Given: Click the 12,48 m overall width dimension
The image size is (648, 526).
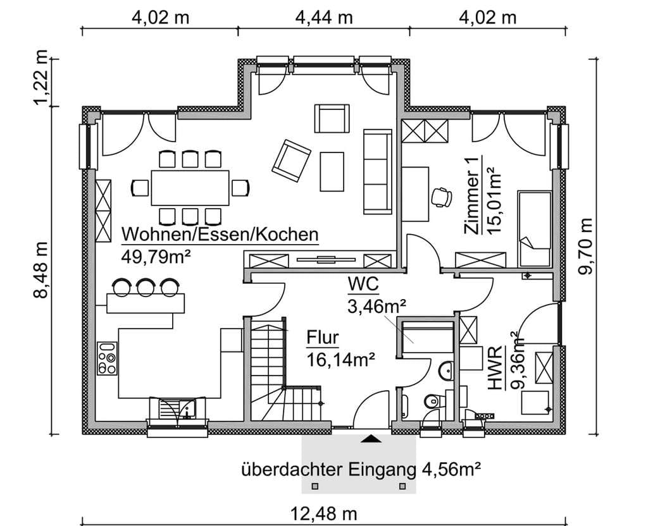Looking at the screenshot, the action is tap(324, 515).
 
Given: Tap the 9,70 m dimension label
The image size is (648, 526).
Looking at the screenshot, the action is tap(585, 246).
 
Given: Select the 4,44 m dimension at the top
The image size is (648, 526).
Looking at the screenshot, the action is tap(324, 18).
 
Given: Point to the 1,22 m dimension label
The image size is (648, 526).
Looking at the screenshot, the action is tap(41, 78).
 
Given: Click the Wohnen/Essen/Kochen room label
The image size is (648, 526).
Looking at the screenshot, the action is tap(220, 235).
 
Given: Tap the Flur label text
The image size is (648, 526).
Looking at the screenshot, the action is tap(322, 338).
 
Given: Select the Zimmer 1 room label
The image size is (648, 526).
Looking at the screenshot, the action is tap(472, 195).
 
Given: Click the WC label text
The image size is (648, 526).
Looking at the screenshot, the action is tap(363, 284).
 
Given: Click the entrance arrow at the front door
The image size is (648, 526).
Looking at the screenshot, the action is tap(371, 439).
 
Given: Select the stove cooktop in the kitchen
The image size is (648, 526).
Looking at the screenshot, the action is tap(106, 358).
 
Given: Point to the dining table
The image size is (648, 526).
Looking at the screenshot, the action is tap(190, 188).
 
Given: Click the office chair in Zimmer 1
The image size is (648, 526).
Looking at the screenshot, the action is tap(441, 197).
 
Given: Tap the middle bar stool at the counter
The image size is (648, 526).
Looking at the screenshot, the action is tap(146, 287).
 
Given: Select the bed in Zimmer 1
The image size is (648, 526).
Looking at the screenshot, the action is tap(535, 229).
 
